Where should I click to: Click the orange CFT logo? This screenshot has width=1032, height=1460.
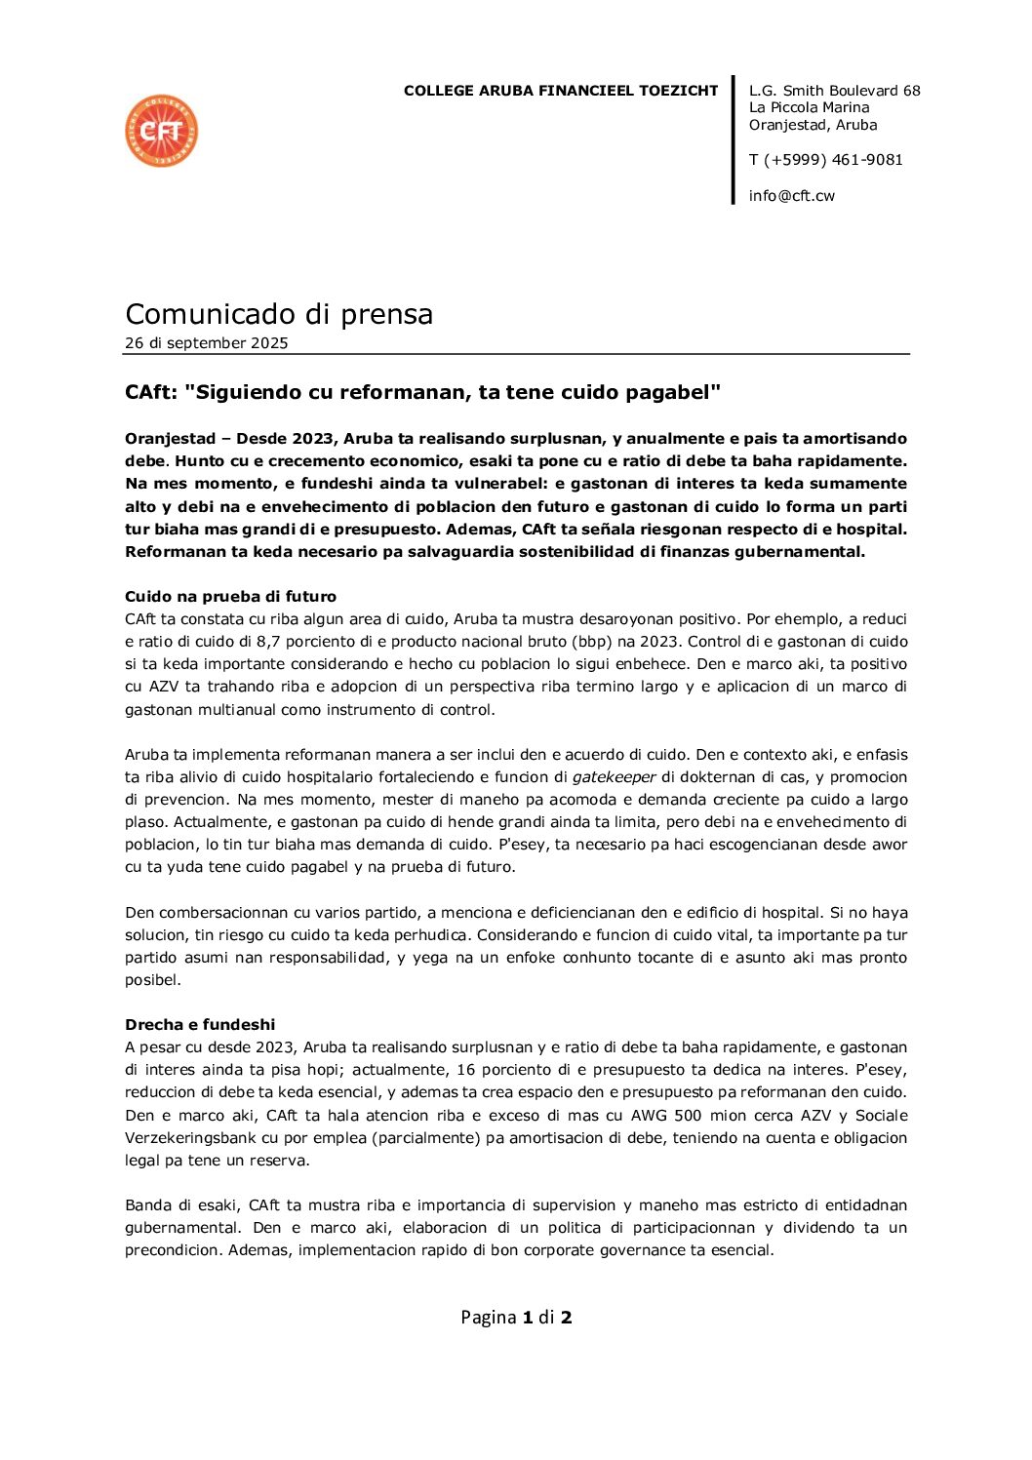click(x=162, y=131)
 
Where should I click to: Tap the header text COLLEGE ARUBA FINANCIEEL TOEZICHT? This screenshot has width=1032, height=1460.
click(x=560, y=91)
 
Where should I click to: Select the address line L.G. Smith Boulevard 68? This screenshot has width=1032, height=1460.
click(x=834, y=91)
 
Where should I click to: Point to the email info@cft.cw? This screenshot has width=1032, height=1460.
click(x=791, y=196)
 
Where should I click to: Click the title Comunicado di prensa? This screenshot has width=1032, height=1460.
click(x=279, y=314)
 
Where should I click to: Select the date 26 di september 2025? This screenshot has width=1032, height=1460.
click(x=206, y=343)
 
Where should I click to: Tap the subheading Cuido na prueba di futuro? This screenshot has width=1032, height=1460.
click(x=230, y=597)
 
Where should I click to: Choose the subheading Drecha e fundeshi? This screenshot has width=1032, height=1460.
click(x=200, y=1025)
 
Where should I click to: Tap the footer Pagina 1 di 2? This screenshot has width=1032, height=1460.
click(x=516, y=1318)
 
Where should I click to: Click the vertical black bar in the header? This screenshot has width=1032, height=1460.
click(x=733, y=140)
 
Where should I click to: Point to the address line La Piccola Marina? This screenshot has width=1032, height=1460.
click(x=809, y=107)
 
